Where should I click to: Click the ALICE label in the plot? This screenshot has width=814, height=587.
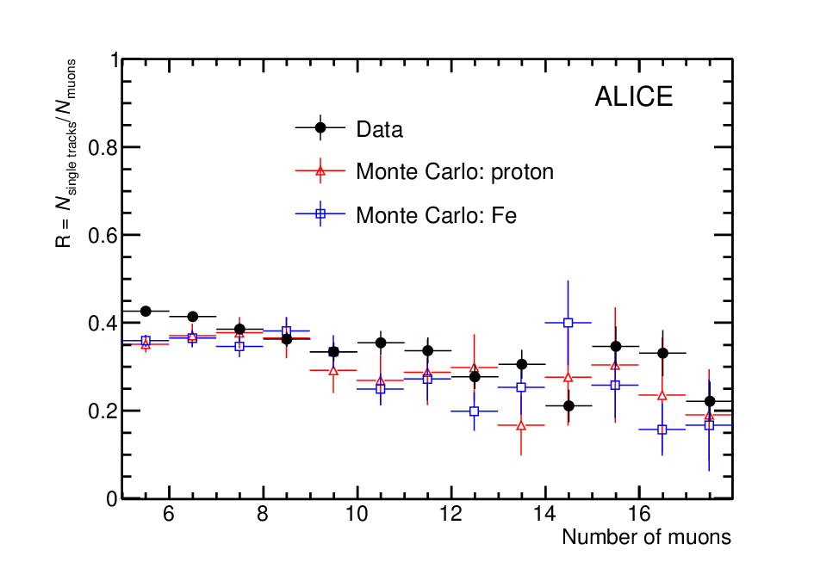point(633,96)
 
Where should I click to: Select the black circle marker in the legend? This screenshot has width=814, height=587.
point(320,127)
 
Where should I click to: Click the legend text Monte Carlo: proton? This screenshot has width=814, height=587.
point(455,171)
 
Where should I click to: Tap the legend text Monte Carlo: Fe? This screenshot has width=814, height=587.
point(436,215)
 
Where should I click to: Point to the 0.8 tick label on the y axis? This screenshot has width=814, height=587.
point(103,148)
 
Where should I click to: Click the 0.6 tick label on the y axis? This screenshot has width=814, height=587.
point(103,236)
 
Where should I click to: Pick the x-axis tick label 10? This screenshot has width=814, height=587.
point(357,514)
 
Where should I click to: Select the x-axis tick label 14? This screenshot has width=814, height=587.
point(544,514)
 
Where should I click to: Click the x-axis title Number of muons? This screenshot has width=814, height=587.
point(646,537)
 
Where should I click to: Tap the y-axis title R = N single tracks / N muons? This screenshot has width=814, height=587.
point(66,153)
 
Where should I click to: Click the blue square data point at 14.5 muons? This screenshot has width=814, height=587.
point(568,323)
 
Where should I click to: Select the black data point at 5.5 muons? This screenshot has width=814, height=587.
point(146,311)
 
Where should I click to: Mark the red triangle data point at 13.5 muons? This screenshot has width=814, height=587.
point(521,426)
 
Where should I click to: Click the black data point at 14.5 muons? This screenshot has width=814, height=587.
point(569,405)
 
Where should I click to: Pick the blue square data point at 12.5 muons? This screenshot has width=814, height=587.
point(474,411)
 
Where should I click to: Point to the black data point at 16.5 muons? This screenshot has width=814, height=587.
point(662,353)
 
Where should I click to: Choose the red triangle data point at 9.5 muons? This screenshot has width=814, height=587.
point(333,370)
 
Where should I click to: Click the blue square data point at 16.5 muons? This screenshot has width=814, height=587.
point(662,429)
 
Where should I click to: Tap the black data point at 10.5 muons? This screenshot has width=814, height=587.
point(381,343)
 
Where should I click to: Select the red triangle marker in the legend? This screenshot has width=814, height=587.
point(320,170)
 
